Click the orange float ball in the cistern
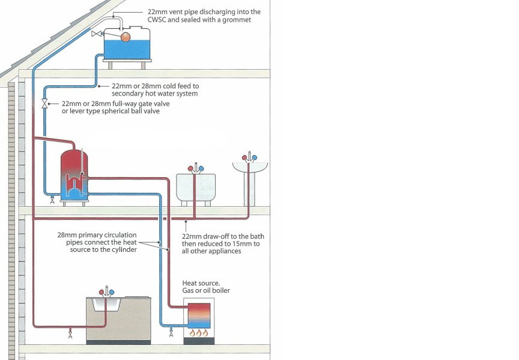click(x=126, y=37)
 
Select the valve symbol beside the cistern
click(x=96, y=34)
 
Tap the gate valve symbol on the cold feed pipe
click(x=44, y=104)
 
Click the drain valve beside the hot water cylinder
click(x=52, y=201)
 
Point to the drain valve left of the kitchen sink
click(x=71, y=333)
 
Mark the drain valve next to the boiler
click(x=172, y=333)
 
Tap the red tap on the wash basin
click(x=245, y=158)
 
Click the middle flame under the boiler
click(x=198, y=332)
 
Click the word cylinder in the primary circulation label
click(x=124, y=249)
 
